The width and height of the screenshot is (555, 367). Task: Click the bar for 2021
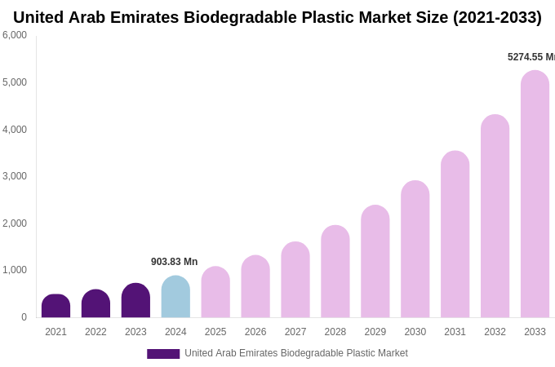(x=55, y=306)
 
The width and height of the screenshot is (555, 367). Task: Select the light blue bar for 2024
(x=175, y=297)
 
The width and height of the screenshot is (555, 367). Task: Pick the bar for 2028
(x=335, y=272)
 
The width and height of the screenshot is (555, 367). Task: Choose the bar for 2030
(x=415, y=249)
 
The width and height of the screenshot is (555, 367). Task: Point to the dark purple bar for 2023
(x=135, y=300)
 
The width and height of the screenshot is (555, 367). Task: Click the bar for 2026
(x=255, y=286)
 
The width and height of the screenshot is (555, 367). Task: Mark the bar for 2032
(x=495, y=216)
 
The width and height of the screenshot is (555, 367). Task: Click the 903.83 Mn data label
(x=174, y=262)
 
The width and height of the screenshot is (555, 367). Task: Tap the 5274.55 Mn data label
(x=531, y=57)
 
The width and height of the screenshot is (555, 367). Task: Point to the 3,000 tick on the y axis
(x=15, y=176)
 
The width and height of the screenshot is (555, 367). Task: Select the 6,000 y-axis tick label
(x=15, y=35)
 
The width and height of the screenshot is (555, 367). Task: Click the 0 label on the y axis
(x=24, y=317)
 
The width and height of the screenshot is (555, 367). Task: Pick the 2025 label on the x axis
(x=215, y=332)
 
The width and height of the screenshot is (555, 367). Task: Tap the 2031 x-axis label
(x=455, y=332)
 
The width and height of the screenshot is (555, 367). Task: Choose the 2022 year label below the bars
(x=95, y=332)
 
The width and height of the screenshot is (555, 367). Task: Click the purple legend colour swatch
(x=163, y=354)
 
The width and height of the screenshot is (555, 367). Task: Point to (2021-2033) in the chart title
(x=496, y=17)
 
